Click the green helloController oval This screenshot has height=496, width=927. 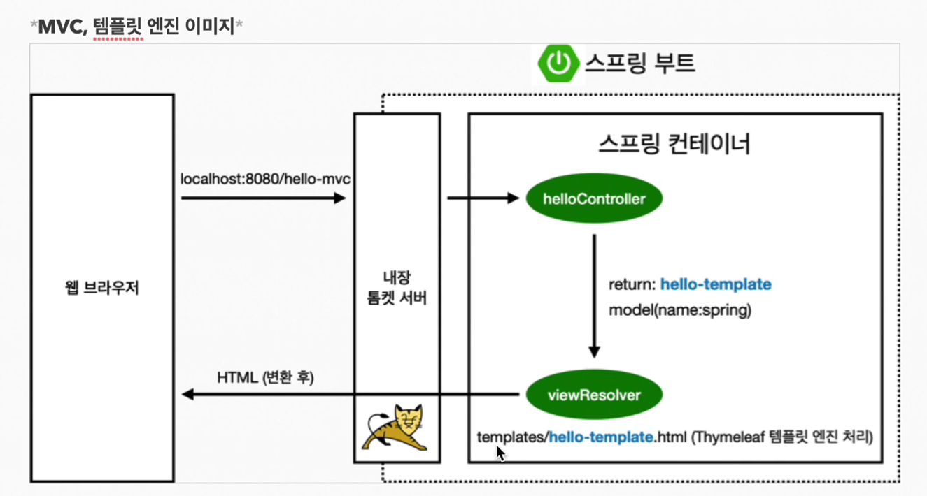coord(594,199)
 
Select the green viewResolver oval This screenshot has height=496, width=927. coord(594,395)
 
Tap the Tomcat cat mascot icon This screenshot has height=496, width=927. coord(397,428)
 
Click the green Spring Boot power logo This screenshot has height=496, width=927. coord(558,64)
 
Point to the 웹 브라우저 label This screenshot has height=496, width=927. coord(102,288)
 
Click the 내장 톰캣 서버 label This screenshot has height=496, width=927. coord(397,288)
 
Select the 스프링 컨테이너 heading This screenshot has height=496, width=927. coord(674,144)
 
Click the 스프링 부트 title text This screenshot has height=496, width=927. coord(639,63)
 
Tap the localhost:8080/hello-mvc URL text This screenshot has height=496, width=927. coord(265,179)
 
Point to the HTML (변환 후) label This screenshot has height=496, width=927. coord(265,377)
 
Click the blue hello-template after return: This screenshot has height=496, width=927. coord(716,284)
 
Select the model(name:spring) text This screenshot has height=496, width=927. coord(679,309)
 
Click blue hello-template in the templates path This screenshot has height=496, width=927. coord(601,437)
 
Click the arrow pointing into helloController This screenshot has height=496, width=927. coord(483,198)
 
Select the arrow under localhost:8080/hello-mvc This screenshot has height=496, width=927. coord(263,198)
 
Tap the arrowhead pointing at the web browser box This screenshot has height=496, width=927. coord(187,395)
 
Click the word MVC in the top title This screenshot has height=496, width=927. coord(61,27)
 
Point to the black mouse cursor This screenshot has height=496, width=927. coord(500,453)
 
